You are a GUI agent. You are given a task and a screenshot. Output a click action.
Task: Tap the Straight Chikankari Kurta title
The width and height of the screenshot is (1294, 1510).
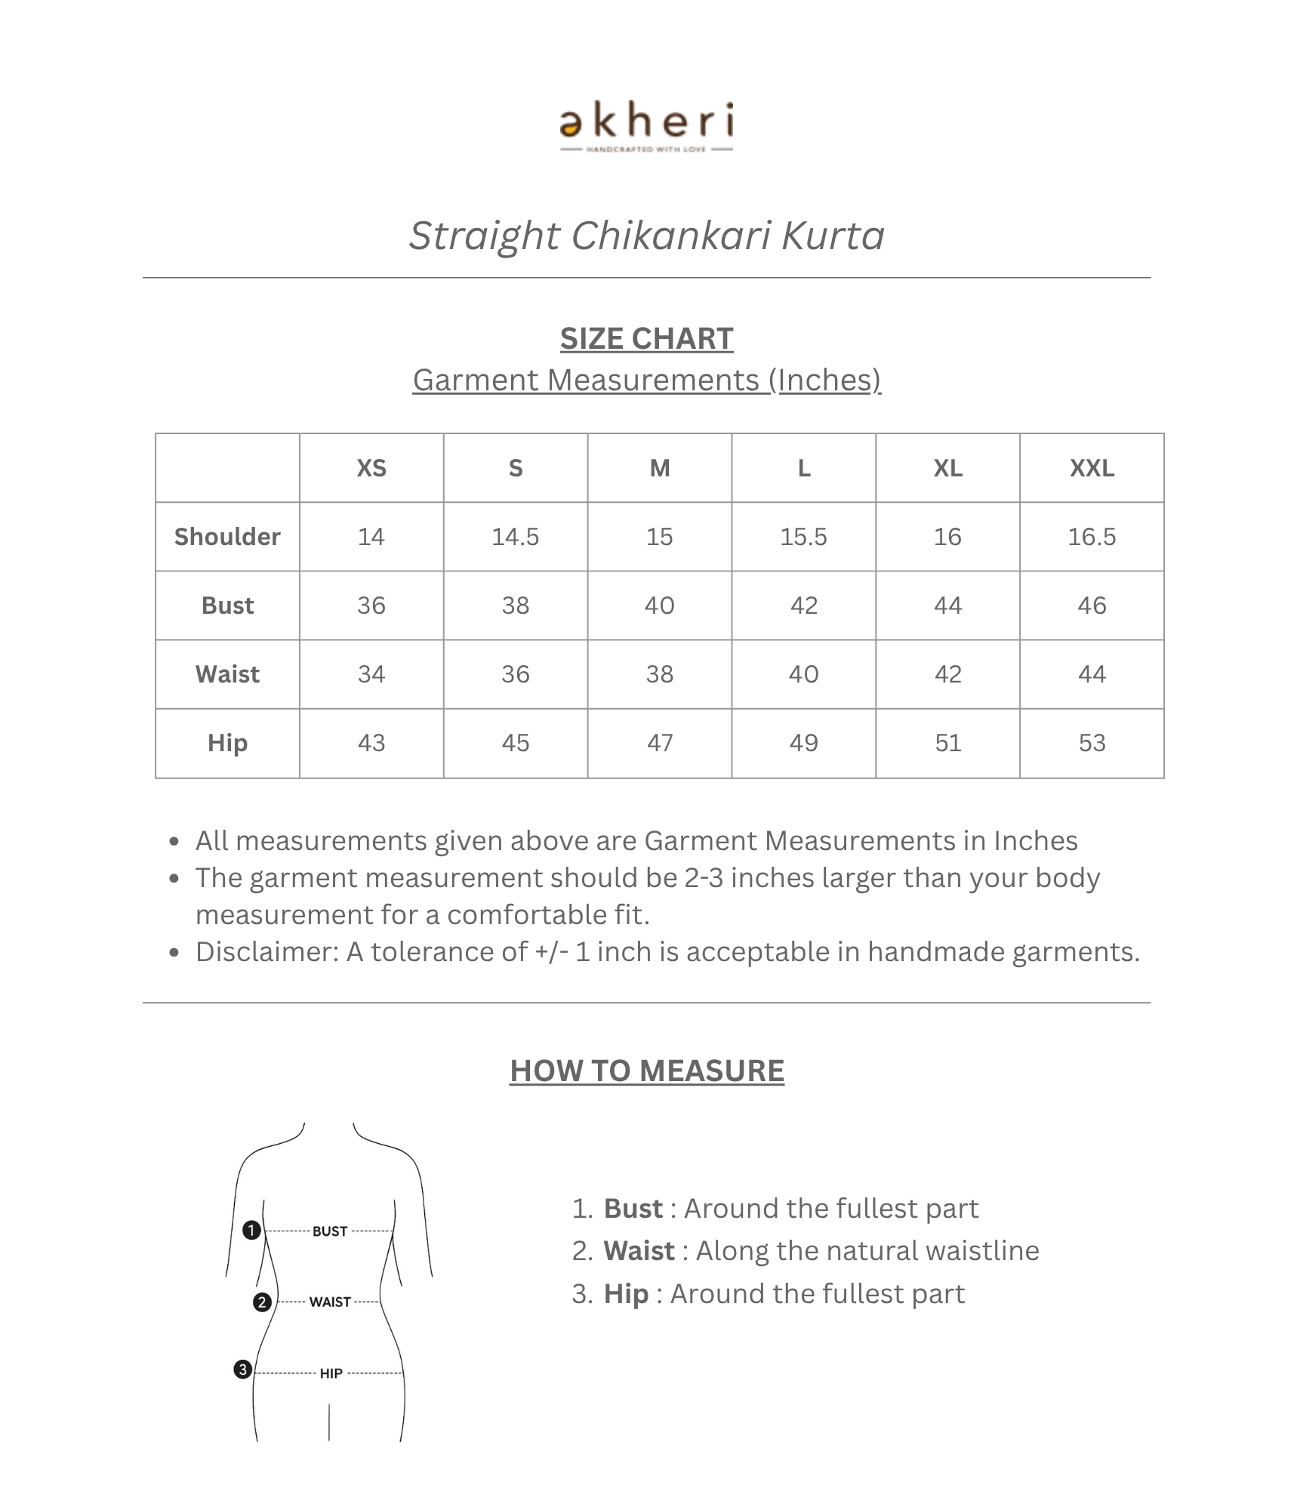pos(646,236)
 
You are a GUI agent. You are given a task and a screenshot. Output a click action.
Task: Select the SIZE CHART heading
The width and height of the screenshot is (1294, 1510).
pos(646,339)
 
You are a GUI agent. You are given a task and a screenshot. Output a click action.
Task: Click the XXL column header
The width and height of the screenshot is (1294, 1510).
pos(1092,468)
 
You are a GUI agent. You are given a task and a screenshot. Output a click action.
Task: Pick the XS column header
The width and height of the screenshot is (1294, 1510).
pos(371,468)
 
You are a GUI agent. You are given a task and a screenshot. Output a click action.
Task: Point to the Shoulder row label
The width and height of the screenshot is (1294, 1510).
pos(227,537)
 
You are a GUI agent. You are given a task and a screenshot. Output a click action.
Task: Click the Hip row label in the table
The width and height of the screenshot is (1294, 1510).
pos(227,743)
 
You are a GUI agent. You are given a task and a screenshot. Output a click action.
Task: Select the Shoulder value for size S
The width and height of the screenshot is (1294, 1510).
pos(515,537)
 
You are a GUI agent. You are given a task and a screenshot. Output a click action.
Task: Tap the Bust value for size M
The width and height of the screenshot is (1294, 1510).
pos(659,606)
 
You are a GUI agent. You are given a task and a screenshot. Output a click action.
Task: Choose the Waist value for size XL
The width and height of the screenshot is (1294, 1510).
pos(947,674)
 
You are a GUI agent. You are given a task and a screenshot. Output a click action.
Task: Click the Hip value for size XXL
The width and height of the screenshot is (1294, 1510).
pos(1092,743)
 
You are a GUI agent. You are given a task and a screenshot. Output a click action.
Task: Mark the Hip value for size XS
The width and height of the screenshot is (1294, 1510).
pos(371,743)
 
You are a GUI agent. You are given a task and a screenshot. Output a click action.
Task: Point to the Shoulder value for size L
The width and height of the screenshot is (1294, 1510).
pos(803,537)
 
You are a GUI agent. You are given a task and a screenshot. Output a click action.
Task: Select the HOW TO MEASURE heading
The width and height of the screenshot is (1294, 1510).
pos(646,1071)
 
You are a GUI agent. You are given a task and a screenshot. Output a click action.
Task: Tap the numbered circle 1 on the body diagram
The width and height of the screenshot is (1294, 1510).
pos(251,1231)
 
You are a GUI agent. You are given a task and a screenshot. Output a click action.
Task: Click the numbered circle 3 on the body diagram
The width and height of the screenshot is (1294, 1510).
pos(242,1370)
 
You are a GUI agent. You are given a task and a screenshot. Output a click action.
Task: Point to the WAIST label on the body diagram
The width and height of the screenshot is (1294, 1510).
pos(330,1302)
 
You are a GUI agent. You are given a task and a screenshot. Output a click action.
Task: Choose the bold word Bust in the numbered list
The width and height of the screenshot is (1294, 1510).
pos(633,1209)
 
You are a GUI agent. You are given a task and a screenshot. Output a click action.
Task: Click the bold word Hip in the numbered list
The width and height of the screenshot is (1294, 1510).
pos(626,1294)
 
